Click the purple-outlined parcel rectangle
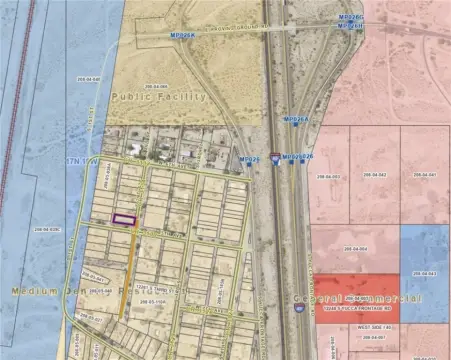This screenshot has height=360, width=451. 123,219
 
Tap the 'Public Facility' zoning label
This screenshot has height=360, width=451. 159,97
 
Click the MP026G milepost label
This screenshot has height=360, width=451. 349,17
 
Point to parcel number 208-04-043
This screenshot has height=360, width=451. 426,273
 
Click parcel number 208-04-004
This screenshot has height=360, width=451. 357,249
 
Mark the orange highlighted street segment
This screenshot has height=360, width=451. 128,275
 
